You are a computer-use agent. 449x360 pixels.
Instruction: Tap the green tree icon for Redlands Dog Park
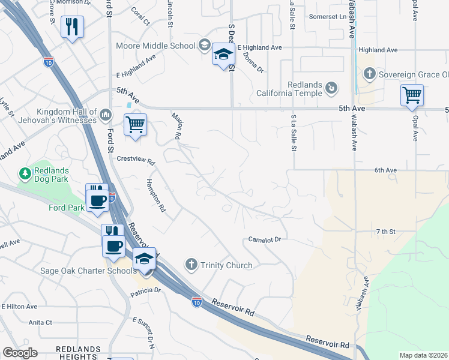(25, 175)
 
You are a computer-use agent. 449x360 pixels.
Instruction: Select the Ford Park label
(67, 208)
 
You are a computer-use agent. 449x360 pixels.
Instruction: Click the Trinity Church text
(226, 265)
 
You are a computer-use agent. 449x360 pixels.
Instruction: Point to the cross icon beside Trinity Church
(191, 265)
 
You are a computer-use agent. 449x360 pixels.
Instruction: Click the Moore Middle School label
(158, 46)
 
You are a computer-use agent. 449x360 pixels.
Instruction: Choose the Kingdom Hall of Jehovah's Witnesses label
(66, 116)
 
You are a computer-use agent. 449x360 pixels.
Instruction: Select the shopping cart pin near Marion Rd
(135, 125)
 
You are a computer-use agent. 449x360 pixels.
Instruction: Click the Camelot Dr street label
(265, 239)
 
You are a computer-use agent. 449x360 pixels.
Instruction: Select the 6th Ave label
(386, 170)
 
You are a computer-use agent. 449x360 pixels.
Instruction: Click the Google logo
(20, 353)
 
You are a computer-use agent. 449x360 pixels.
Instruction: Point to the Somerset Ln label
(328, 17)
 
